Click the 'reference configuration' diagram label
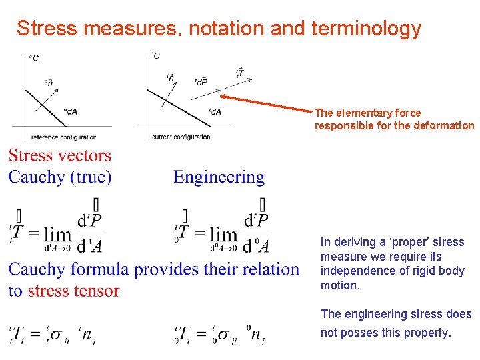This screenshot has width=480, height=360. (64, 137)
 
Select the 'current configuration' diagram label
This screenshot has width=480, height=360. (181, 137)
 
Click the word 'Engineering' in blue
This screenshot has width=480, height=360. (219, 177)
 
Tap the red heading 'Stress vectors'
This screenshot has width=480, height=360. (59, 156)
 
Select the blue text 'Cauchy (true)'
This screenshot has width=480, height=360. (59, 177)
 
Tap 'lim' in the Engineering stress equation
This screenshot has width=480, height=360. (223, 235)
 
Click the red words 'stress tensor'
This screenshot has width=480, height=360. (73, 291)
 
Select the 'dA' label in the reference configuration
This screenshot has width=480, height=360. (71, 111)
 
